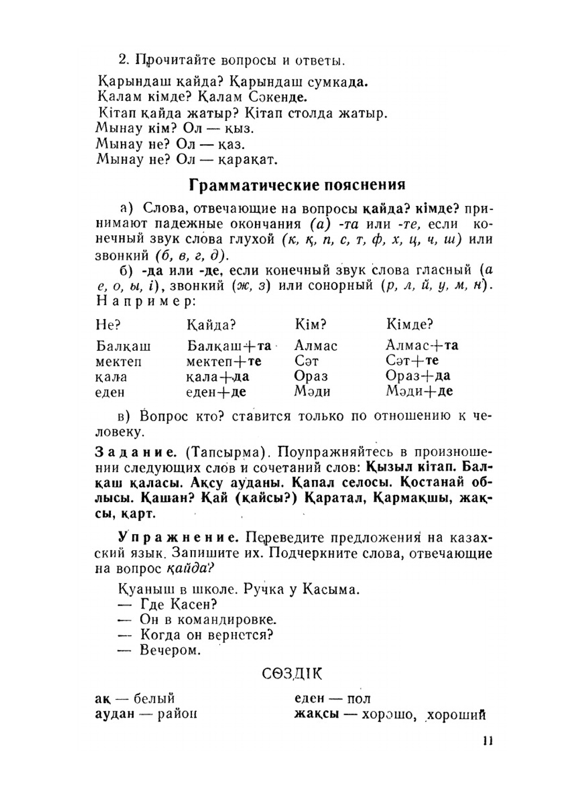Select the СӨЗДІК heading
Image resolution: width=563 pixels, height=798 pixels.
coord(292,674)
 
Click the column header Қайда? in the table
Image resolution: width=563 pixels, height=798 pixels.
coord(211,325)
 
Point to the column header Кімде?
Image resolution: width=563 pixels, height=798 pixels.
coord(409,324)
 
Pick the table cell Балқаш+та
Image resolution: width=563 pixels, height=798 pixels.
coord(229,346)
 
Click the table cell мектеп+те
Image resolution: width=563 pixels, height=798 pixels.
coord(224,361)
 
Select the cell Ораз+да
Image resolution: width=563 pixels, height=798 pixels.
coord(418,376)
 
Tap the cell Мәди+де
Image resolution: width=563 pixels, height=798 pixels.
coord(419,391)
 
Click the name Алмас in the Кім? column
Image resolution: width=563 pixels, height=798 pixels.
coord(315,346)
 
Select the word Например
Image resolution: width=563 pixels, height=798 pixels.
coord(145,301)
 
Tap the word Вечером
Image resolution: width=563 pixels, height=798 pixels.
coord(170,651)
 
